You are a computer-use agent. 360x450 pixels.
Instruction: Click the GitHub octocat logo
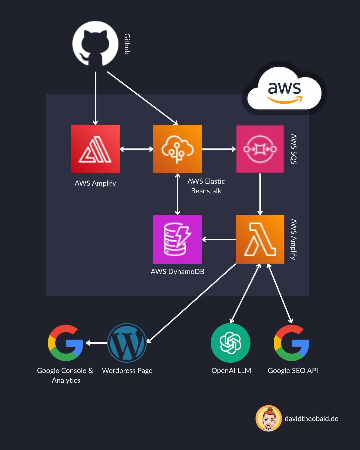tap(95, 44)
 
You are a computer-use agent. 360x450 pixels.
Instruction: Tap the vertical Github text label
tap(127, 44)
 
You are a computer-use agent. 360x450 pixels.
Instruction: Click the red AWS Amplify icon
tap(95, 149)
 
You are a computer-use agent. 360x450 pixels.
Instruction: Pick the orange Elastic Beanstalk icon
tap(177, 149)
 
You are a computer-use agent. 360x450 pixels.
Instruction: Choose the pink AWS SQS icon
tap(260, 149)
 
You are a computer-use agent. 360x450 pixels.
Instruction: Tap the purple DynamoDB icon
tap(177, 239)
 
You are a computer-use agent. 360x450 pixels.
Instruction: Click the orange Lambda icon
tap(260, 239)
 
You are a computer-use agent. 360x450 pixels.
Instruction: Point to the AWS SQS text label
tap(294, 149)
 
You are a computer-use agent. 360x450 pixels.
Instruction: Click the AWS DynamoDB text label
tap(177, 272)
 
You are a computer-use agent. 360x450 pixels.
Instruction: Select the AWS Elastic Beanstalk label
tap(206, 186)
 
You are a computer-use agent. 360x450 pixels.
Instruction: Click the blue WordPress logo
tap(127, 343)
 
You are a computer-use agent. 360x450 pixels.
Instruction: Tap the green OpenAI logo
tap(230, 343)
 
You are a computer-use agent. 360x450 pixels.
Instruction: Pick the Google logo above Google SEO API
tap(292, 343)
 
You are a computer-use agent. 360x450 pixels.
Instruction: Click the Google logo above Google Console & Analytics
tap(66, 343)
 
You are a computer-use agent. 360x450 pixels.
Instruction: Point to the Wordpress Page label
tap(127, 371)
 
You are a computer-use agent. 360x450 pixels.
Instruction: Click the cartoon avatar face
tap(269, 418)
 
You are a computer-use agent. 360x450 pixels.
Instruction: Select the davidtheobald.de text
tap(311, 419)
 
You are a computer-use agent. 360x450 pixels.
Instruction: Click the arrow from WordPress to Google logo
tap(97, 343)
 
